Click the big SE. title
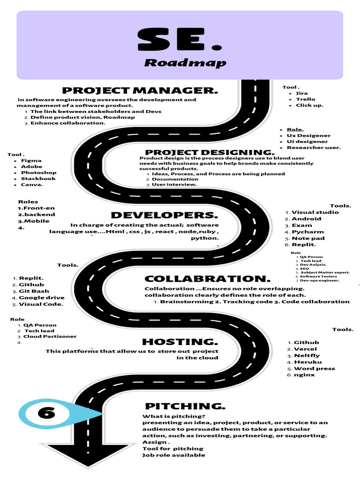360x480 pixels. (180, 40)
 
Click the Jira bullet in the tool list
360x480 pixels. (302, 93)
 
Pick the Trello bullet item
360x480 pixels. (306, 99)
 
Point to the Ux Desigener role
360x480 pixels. (308, 135)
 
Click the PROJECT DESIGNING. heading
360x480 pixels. (210, 152)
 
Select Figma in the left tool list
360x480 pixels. (31, 160)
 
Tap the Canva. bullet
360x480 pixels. (32, 184)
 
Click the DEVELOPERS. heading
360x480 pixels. (165, 215)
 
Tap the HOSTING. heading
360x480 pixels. (180, 342)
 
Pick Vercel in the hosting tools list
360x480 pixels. (305, 349)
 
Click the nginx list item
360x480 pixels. (304, 375)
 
